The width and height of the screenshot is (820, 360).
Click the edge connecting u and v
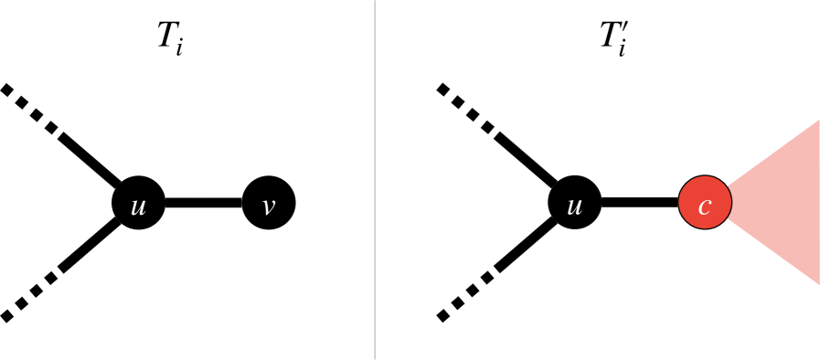tap(203, 203)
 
